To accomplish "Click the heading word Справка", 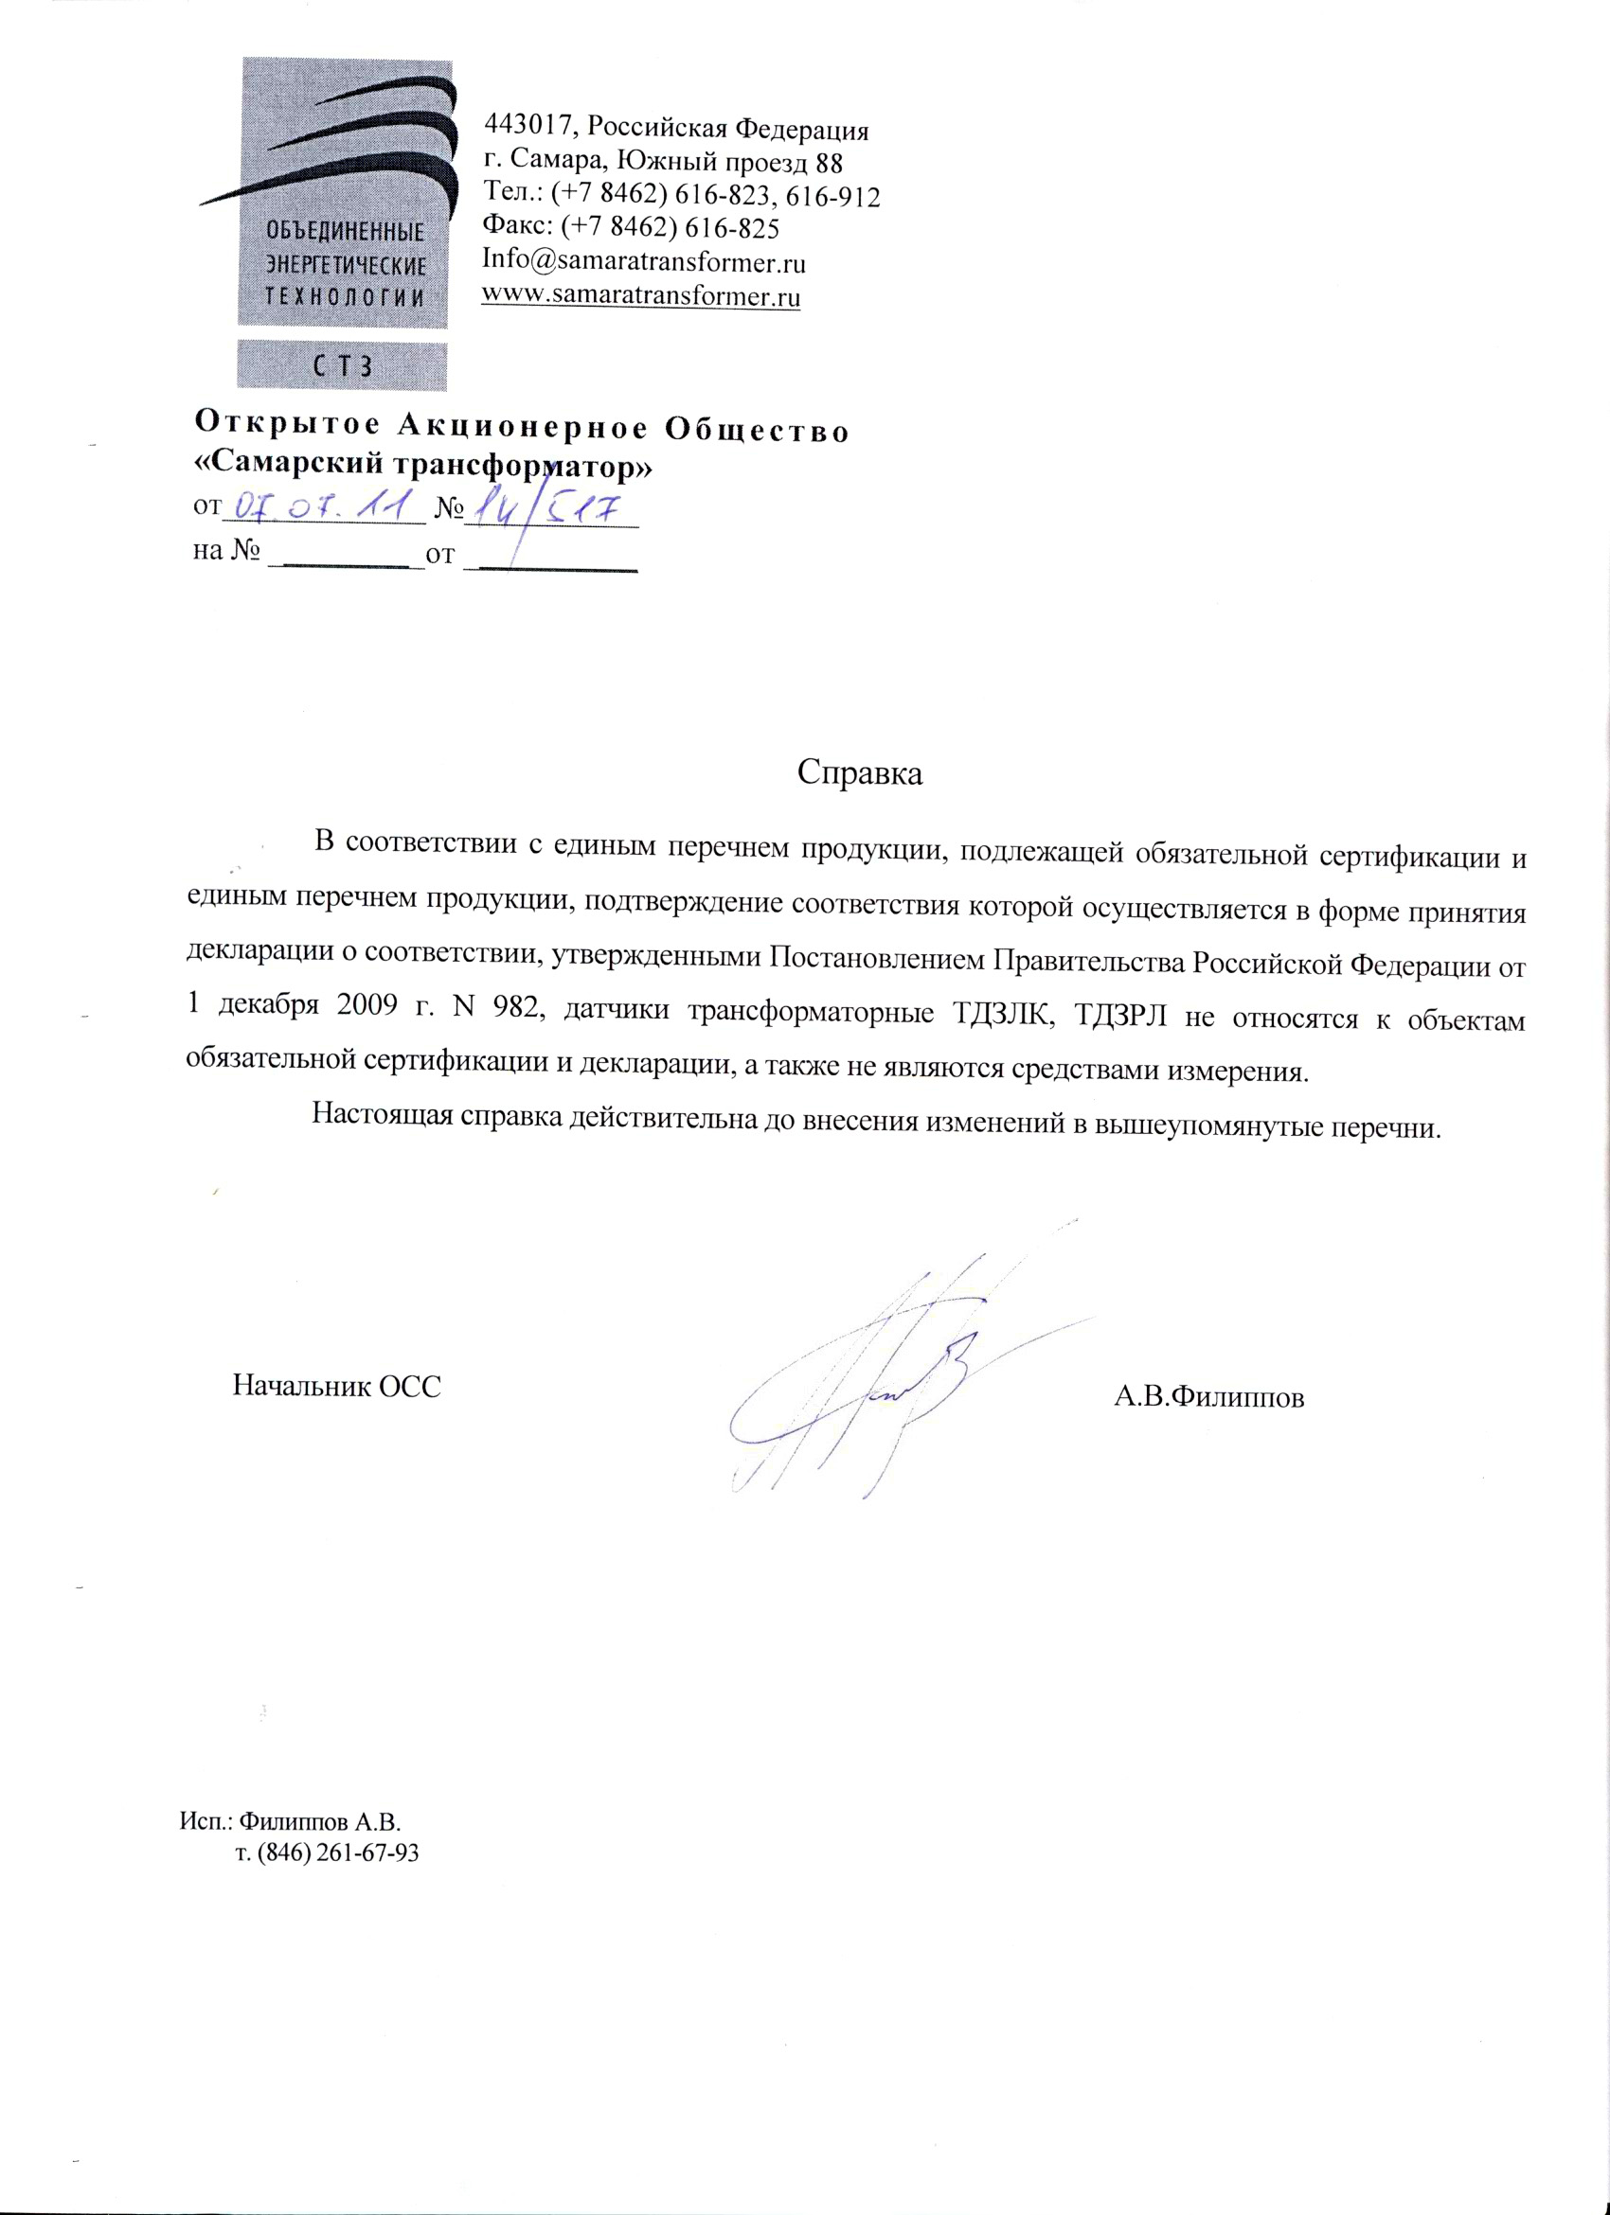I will tap(860, 772).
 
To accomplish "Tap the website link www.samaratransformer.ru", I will tap(642, 295).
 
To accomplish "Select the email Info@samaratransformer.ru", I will tap(644, 262).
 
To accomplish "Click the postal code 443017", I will tap(527, 127).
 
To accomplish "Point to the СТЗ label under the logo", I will tap(343, 367).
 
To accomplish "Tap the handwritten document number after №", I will tap(548, 509).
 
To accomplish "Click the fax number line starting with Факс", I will tap(630, 228).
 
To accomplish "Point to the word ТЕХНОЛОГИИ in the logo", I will tap(345, 298).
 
